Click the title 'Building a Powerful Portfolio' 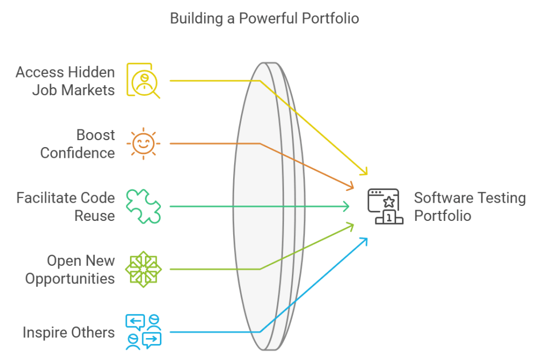(264, 18)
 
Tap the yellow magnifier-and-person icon (143, 80)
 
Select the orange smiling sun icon (143, 143)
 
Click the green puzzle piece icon (143, 206)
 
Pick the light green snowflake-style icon (143, 269)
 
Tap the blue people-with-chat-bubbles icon (143, 332)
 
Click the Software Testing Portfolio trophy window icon (384, 206)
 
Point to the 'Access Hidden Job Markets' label (65, 81)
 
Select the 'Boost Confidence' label (78, 143)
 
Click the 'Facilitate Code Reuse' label (65, 206)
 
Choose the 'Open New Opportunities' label (70, 270)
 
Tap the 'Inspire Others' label (68, 332)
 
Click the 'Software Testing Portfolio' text (469, 206)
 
